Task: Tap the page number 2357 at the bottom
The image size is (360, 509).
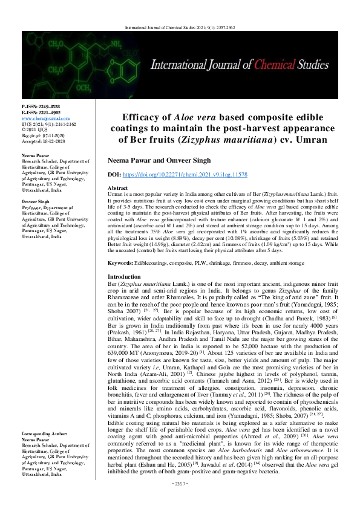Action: tap(180, 501)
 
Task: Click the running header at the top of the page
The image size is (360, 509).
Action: tap(180, 27)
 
